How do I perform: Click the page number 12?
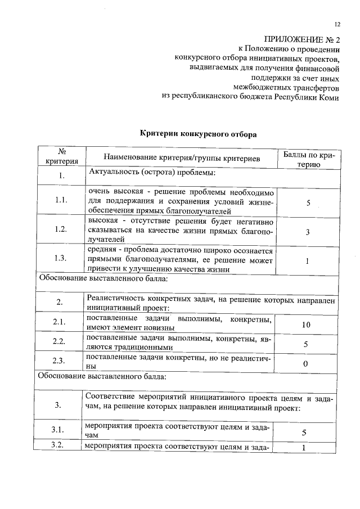(337, 24)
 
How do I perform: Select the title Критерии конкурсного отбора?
(197, 134)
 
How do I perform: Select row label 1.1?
(61, 201)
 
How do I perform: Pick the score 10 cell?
(305, 325)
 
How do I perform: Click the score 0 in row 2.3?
(305, 364)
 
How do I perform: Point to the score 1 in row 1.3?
(307, 261)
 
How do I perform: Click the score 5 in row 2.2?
(305, 344)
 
